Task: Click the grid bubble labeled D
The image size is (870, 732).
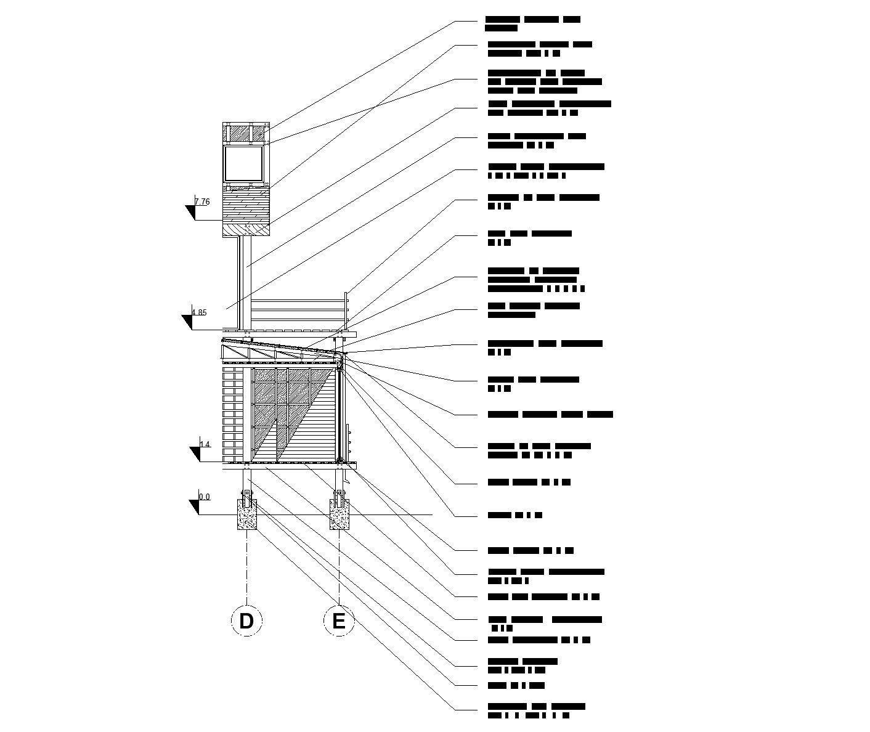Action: [246, 621]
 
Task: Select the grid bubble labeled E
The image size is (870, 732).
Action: [339, 621]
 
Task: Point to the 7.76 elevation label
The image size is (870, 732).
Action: [202, 201]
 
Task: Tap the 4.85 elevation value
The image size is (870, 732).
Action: [199, 312]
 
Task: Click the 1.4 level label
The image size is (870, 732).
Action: [205, 444]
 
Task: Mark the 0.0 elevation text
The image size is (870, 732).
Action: [204, 497]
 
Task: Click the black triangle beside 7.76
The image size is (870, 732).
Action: [190, 213]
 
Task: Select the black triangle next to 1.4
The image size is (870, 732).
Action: [195, 454]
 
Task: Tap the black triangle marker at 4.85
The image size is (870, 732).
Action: [187, 322]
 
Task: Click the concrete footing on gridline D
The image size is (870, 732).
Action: [247, 515]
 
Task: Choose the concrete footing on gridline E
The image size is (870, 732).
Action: [339, 515]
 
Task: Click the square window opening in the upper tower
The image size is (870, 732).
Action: [243, 163]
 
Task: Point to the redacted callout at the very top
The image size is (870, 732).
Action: [532, 23]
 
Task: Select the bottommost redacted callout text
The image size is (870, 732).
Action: [535, 710]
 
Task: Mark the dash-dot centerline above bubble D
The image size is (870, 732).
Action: [247, 567]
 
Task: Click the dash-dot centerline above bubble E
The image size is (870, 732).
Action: [339, 567]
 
